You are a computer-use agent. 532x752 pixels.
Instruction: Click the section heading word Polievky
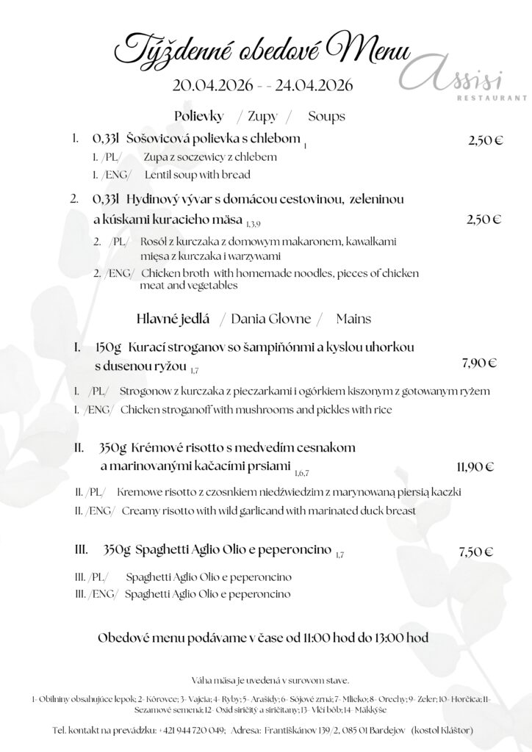click(x=198, y=116)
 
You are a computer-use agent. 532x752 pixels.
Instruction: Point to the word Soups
click(x=326, y=116)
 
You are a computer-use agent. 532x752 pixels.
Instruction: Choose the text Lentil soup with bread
click(x=198, y=175)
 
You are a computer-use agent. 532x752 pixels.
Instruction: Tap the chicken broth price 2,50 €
click(x=485, y=218)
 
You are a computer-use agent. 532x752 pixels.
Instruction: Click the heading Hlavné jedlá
click(x=173, y=319)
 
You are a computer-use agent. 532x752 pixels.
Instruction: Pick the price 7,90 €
click(x=479, y=362)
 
